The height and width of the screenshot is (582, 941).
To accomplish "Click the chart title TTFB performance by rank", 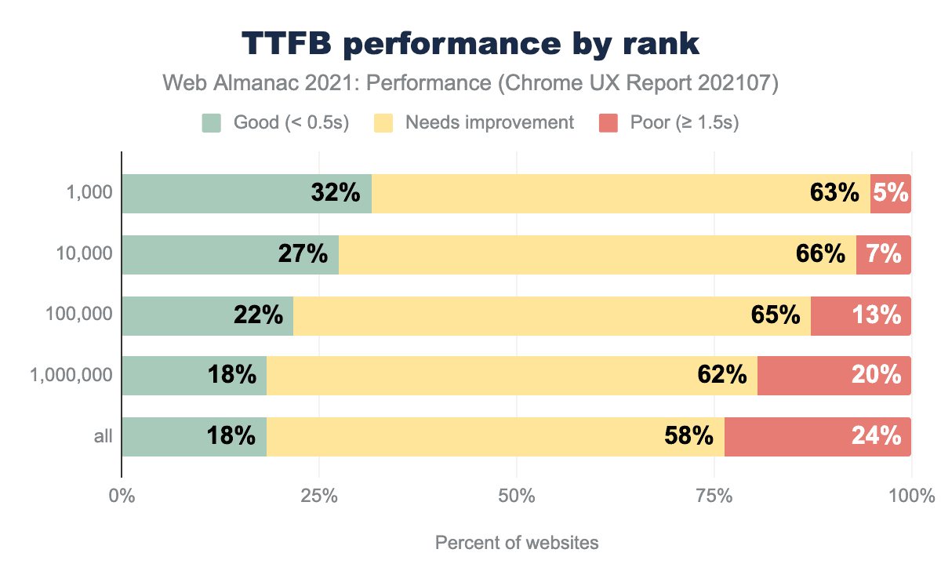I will click(x=470, y=44).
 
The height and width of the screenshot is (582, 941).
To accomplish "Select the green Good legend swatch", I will click(x=212, y=122).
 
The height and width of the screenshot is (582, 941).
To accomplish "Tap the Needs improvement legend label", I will click(x=489, y=122).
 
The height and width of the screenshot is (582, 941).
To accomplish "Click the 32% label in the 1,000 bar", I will click(x=335, y=193).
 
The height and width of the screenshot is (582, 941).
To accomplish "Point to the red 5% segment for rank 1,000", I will click(x=891, y=193).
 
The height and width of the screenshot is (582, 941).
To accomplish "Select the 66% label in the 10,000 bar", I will click(x=821, y=254).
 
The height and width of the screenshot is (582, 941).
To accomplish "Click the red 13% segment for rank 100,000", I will click(x=860, y=315).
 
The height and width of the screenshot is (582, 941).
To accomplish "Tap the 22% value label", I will click(x=258, y=315).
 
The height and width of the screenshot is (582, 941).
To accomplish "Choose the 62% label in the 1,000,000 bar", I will click(x=721, y=376).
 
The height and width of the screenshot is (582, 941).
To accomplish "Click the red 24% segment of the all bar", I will click(x=817, y=436).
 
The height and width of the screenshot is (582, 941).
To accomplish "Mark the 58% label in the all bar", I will click(x=688, y=436).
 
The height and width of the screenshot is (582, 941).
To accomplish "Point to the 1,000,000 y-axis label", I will click(x=71, y=376).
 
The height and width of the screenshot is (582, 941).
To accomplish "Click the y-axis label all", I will click(x=104, y=437).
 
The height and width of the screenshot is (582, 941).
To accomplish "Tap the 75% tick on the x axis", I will click(x=714, y=497).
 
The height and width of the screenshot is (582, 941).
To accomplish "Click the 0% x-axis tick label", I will click(x=122, y=497).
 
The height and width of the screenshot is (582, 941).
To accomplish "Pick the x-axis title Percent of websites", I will click(x=516, y=543).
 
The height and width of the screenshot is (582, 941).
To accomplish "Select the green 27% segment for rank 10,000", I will click(x=230, y=254).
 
